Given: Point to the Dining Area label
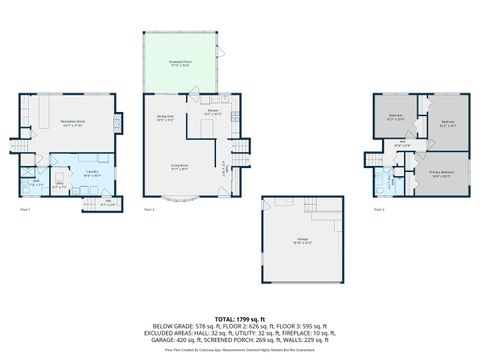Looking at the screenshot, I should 165,118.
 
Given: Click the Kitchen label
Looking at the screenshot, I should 212,113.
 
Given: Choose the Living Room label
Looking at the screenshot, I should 180,167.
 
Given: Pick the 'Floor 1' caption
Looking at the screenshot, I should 26,211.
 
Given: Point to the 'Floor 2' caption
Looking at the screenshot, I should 150,211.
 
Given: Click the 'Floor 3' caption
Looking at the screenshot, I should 377,211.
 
